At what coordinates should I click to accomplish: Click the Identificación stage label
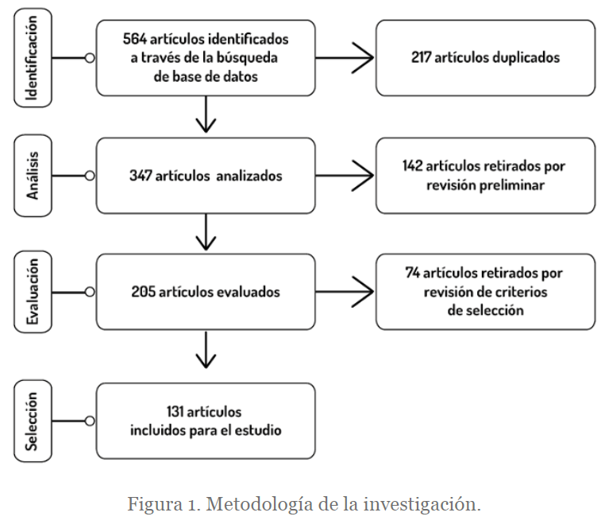click(33, 58)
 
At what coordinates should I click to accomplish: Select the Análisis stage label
click(33, 176)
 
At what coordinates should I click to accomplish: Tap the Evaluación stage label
click(33, 292)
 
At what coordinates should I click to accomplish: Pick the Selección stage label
click(33, 421)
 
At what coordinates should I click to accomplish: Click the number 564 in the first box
click(135, 39)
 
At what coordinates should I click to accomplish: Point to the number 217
click(421, 57)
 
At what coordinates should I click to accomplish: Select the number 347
click(141, 176)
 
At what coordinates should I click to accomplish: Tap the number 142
click(413, 166)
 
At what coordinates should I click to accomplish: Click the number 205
click(143, 292)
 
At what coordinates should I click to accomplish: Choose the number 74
click(412, 273)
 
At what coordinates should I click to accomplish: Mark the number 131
click(175, 412)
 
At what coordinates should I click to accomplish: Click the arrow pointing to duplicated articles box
click(345, 58)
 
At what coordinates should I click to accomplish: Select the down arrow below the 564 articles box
click(206, 114)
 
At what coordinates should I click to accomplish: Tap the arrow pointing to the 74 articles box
click(345, 292)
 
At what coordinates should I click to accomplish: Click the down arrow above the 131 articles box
click(206, 350)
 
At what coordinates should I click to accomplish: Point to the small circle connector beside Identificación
click(90, 58)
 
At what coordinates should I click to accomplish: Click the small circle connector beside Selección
click(90, 421)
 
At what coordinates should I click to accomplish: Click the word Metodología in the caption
click(259, 504)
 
